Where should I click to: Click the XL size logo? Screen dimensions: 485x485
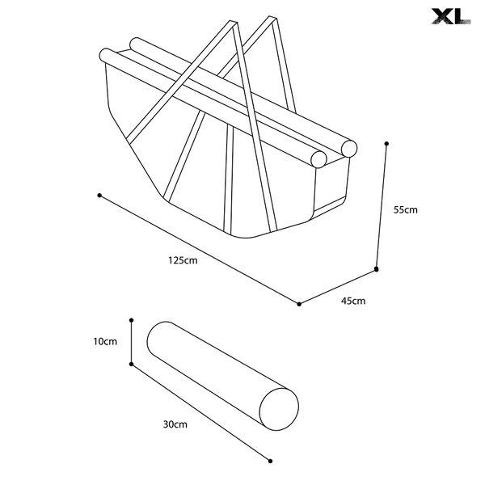[451, 16]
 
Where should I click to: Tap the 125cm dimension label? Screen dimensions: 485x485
[183, 260]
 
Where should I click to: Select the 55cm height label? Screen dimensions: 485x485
[406, 209]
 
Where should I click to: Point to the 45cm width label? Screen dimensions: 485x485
[353, 301]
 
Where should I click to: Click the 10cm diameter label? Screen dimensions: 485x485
[105, 341]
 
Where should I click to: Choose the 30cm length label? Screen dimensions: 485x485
[175, 424]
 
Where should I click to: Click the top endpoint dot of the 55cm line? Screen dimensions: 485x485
[386, 144]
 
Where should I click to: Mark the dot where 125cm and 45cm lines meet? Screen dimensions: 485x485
[299, 304]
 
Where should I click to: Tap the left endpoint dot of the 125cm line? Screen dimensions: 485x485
[99, 196]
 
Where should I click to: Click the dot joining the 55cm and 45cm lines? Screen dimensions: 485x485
[377, 269]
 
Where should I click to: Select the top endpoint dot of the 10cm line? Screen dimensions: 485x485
[132, 320]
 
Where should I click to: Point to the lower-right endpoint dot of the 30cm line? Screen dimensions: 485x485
[270, 462]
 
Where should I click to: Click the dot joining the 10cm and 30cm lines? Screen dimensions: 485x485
[132, 364]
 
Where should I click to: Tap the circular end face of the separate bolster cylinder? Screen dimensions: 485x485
[279, 409]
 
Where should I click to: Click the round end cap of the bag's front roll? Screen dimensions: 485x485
[318, 159]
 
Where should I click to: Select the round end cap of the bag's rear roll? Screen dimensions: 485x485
[349, 149]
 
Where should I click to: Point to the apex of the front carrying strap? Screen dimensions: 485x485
[234, 23]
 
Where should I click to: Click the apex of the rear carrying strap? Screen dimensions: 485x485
[272, 18]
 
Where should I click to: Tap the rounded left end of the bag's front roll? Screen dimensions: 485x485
[105, 56]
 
